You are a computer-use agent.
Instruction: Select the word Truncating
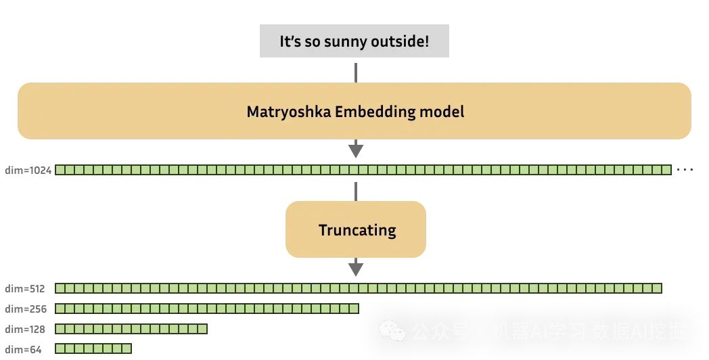pyautogui.click(x=357, y=230)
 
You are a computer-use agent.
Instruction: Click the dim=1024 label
pyautogui.click(x=27, y=170)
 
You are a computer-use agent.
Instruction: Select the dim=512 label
pyautogui.click(x=24, y=289)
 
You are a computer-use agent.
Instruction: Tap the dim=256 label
pyautogui.click(x=24, y=309)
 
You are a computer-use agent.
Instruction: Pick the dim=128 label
pyautogui.click(x=24, y=330)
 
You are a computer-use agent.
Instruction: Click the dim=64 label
pyautogui.click(x=22, y=350)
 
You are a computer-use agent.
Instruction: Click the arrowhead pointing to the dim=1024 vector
pyautogui.click(x=356, y=151)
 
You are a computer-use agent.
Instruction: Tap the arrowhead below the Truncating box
pyautogui.click(x=356, y=269)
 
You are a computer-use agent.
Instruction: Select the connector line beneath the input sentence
pyautogui.click(x=356, y=72)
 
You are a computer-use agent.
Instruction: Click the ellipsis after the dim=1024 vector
pyautogui.click(x=685, y=170)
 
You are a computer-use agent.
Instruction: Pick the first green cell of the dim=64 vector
pyautogui.click(x=60, y=349)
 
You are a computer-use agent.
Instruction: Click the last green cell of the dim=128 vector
pyautogui.click(x=202, y=329)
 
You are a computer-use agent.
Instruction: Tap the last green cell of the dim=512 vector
pyautogui.click(x=656, y=288)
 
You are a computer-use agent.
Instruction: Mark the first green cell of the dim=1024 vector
pyautogui.click(x=60, y=170)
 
